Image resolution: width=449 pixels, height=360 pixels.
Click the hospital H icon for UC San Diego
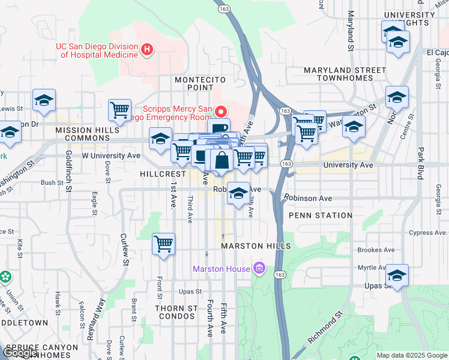tap(146, 48)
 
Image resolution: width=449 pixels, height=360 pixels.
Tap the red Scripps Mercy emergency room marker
tap(221, 112)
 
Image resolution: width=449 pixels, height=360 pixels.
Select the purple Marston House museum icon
tap(259, 268)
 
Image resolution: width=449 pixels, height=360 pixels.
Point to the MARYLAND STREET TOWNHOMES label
tap(344, 74)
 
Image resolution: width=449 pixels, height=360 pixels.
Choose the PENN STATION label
tap(321, 215)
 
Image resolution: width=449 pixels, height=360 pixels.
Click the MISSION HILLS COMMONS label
tap(83, 134)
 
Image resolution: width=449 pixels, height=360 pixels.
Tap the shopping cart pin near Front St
tap(164, 244)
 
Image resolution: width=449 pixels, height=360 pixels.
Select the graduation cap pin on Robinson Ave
tap(239, 193)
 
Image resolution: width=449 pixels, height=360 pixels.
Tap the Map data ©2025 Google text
tap(412, 355)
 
